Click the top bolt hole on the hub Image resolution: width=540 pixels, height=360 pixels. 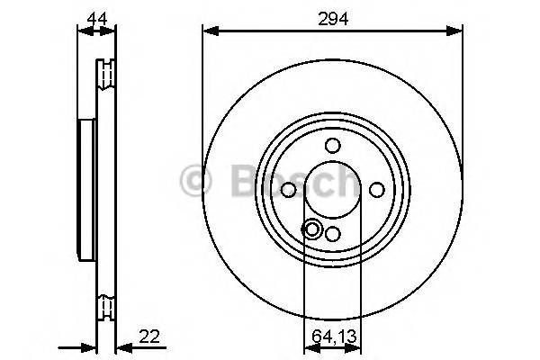(x=332, y=146)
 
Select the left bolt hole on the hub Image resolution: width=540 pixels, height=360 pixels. (x=289, y=189)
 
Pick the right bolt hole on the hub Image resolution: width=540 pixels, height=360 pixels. (x=376, y=189)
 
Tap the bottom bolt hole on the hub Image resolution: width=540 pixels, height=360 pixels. (x=332, y=233)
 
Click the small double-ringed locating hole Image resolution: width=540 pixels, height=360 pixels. (x=312, y=229)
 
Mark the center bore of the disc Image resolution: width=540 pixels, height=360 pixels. (x=332, y=189)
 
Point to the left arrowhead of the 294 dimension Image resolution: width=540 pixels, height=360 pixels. (x=207, y=31)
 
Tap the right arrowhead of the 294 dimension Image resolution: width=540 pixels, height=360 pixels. (x=458, y=31)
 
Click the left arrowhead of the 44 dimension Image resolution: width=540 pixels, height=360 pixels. (x=83, y=31)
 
